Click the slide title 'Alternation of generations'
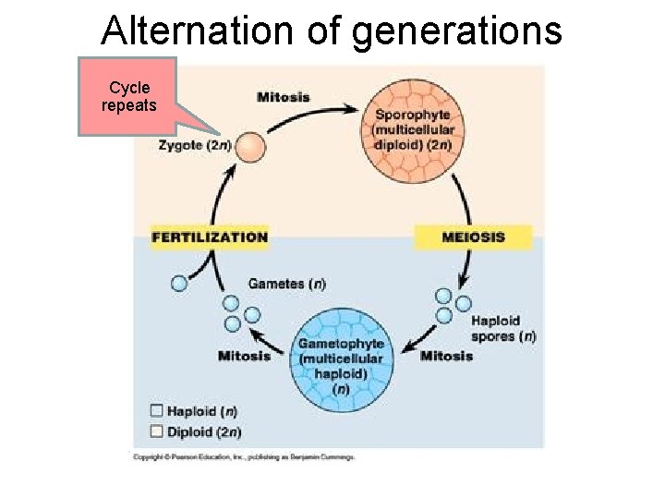tap(332, 30)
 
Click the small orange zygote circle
tap(249, 148)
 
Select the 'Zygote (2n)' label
tap(195, 145)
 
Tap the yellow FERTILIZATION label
tap(210, 237)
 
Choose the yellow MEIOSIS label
tap(473, 237)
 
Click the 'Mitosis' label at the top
tap(284, 97)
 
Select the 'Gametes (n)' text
tap(287, 284)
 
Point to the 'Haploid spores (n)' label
tap(502, 329)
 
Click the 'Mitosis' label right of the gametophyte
tap(446, 356)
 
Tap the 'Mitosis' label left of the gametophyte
tap(244, 356)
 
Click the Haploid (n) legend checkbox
tap(156, 410)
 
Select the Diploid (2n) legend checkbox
tap(156, 431)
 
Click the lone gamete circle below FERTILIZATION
tap(179, 284)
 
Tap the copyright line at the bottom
tap(244, 456)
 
